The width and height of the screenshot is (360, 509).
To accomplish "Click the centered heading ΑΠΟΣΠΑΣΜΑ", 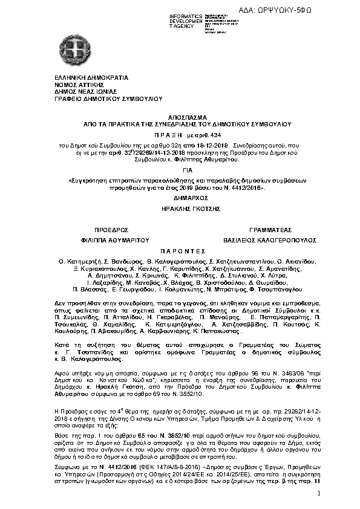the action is click(179, 116).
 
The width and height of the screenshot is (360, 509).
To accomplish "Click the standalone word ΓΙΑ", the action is click(179, 171).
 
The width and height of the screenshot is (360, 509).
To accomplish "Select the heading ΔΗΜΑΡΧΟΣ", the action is click(179, 197).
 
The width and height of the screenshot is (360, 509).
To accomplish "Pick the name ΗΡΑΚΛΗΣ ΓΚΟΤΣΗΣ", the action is click(179, 208).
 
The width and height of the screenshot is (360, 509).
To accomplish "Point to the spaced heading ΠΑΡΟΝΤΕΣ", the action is click(179, 251).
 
